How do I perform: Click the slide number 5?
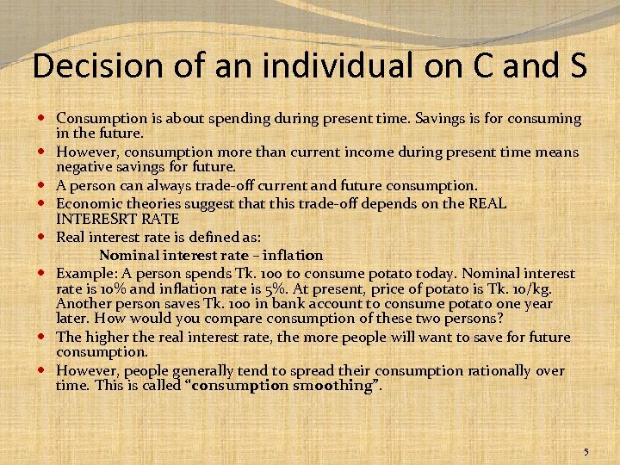coord(586,452)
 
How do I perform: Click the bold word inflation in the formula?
coord(293,255)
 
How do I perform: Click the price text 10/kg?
coord(534,288)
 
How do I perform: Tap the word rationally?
coord(500,371)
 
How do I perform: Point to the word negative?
coord(83,168)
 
